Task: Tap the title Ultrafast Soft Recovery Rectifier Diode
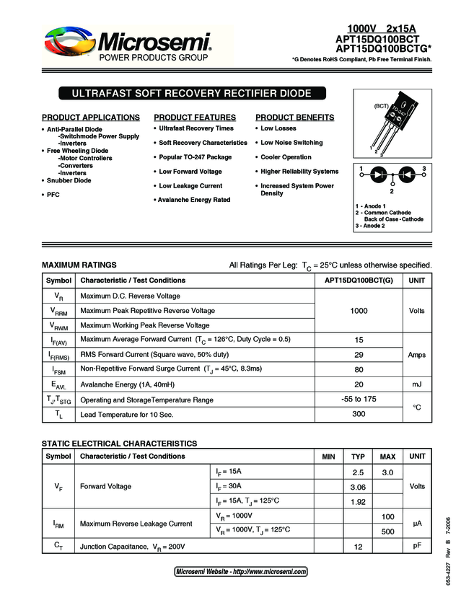click(191, 94)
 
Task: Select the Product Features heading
click(195, 118)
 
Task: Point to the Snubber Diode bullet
click(69, 180)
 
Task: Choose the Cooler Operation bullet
click(286, 157)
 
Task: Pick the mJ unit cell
click(416, 384)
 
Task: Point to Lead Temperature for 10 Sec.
click(127, 415)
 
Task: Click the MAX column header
click(387, 457)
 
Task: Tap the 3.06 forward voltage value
click(358, 487)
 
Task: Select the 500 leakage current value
click(387, 532)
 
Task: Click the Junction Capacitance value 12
click(358, 547)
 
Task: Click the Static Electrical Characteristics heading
click(119, 444)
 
